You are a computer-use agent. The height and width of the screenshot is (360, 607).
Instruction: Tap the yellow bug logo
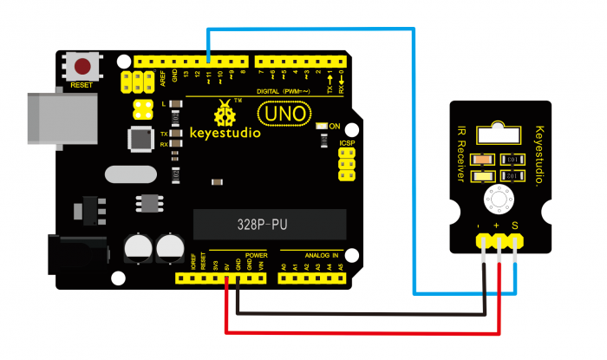pyautogui.click(x=225, y=112)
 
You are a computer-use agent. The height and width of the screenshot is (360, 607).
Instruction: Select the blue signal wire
pyautogui.click(x=414, y=156)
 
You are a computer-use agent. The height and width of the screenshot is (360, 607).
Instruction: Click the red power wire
pyautogui.click(x=364, y=331)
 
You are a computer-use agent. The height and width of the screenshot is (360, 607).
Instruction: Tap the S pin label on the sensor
pyautogui.click(x=515, y=226)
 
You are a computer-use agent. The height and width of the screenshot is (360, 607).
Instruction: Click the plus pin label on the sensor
pyautogui.click(x=498, y=226)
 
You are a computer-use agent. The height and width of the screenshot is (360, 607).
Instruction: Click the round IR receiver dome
pyautogui.click(x=499, y=199)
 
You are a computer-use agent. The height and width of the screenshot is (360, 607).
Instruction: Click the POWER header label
pyautogui.click(x=255, y=255)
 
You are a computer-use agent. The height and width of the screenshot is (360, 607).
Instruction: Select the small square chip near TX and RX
pyautogui.click(x=140, y=138)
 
